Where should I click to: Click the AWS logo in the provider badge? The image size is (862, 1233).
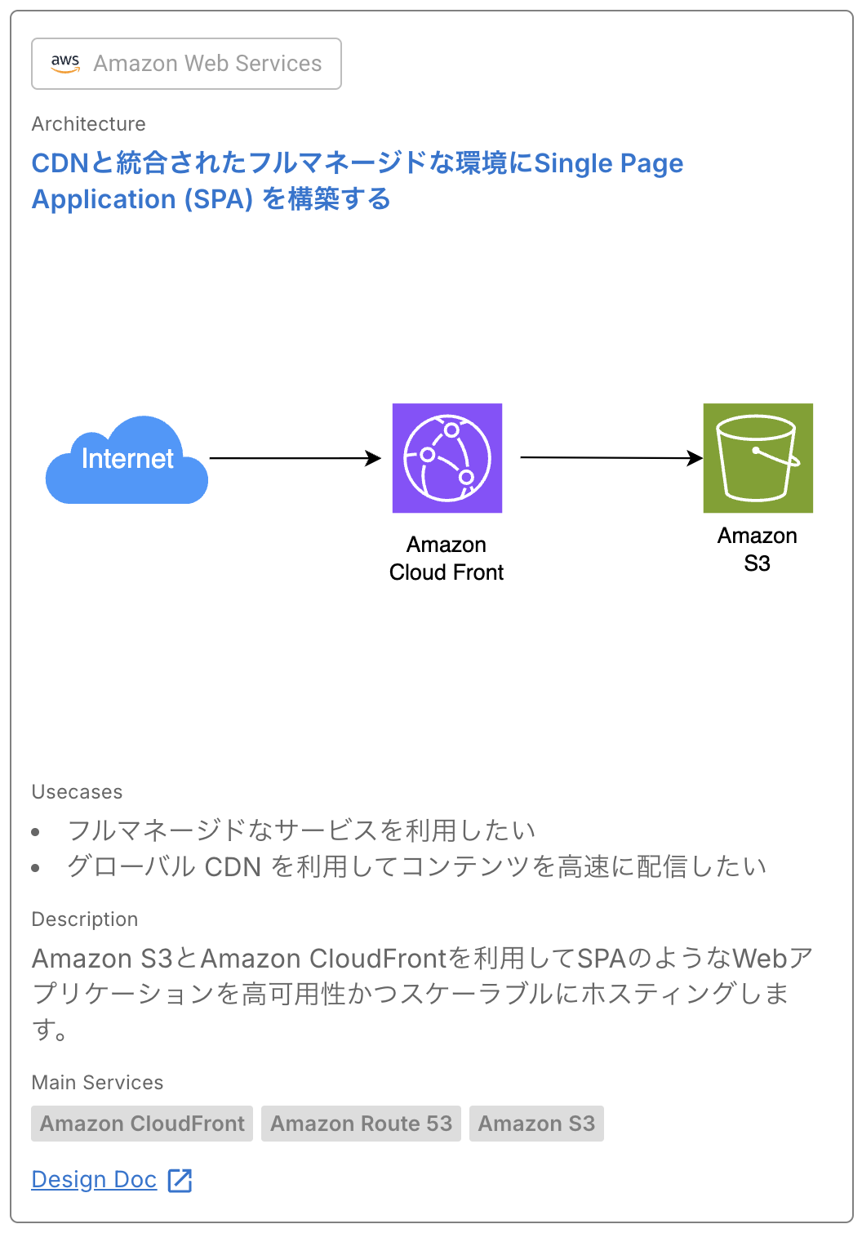click(65, 63)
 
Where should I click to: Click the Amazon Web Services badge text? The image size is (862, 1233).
click(207, 64)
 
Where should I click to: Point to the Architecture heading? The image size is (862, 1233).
click(89, 124)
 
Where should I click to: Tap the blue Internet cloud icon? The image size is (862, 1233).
click(127, 461)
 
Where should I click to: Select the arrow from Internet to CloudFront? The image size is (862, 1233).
click(295, 458)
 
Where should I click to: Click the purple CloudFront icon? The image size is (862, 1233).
click(447, 458)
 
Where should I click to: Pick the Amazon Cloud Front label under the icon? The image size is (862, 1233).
click(447, 559)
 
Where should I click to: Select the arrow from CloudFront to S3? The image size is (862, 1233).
click(611, 457)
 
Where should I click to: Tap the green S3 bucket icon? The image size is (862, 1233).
click(758, 458)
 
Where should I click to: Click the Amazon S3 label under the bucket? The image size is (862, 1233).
click(757, 550)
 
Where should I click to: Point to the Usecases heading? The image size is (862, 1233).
click(78, 792)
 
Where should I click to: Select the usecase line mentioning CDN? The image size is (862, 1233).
click(416, 866)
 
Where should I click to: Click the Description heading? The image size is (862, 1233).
click(85, 919)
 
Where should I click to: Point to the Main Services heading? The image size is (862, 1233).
click(98, 1083)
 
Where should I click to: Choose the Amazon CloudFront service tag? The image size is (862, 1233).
click(142, 1124)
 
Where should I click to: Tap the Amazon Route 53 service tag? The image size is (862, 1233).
click(361, 1124)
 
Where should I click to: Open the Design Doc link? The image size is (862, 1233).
click(94, 1180)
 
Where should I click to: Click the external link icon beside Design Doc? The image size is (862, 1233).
click(180, 1180)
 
